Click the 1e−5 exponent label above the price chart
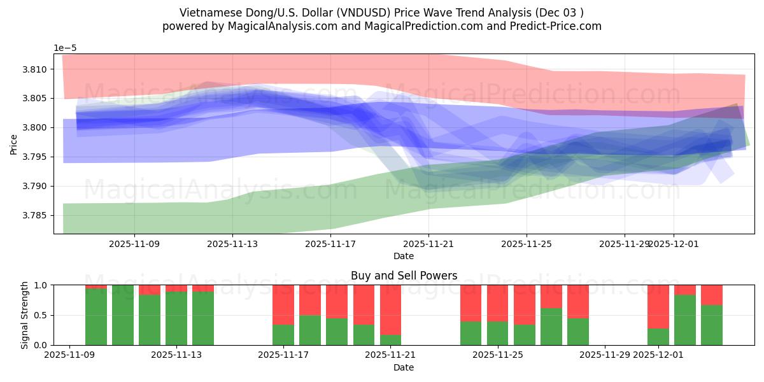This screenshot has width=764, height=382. pyautogui.click(x=65, y=48)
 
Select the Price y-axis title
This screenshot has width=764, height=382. pyautogui.click(x=14, y=144)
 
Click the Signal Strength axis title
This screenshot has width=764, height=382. pyautogui.click(x=25, y=315)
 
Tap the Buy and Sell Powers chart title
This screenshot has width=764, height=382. pyautogui.click(x=404, y=276)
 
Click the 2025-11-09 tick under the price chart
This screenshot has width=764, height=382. pyautogui.click(x=134, y=243)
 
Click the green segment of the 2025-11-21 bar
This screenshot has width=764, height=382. pyautogui.click(x=390, y=339)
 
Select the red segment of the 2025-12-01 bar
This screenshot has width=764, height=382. pyautogui.click(x=658, y=307)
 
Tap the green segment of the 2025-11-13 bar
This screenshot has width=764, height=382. pyautogui.click(x=203, y=318)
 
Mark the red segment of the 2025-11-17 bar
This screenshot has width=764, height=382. pyautogui.click(x=283, y=305)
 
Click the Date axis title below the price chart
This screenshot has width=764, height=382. pyautogui.click(x=404, y=256)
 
